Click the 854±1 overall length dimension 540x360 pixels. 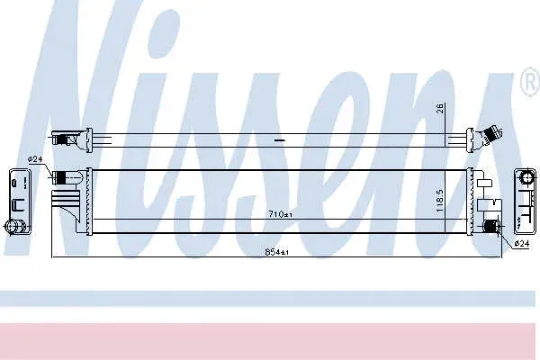pyautogui.click(x=277, y=252)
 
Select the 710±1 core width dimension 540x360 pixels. pyautogui.click(x=280, y=214)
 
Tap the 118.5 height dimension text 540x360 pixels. pyautogui.click(x=440, y=200)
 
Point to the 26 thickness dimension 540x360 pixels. pyautogui.click(x=441, y=108)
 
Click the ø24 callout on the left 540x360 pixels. pyautogui.click(x=34, y=159)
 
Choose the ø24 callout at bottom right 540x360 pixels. pyautogui.click(x=521, y=244)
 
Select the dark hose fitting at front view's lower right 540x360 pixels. pyautogui.click(x=490, y=226)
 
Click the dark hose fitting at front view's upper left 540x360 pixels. pyautogui.click(x=60, y=176)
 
